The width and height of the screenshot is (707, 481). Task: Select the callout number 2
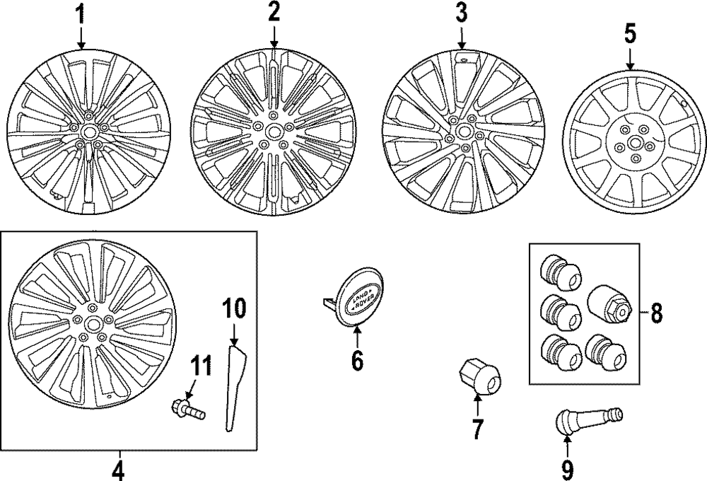274,12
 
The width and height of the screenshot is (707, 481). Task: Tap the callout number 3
461,13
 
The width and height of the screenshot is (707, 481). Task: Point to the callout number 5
629,34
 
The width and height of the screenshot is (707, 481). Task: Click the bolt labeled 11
187,409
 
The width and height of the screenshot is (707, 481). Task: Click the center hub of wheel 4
93,322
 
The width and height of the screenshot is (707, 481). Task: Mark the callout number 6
356,360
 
